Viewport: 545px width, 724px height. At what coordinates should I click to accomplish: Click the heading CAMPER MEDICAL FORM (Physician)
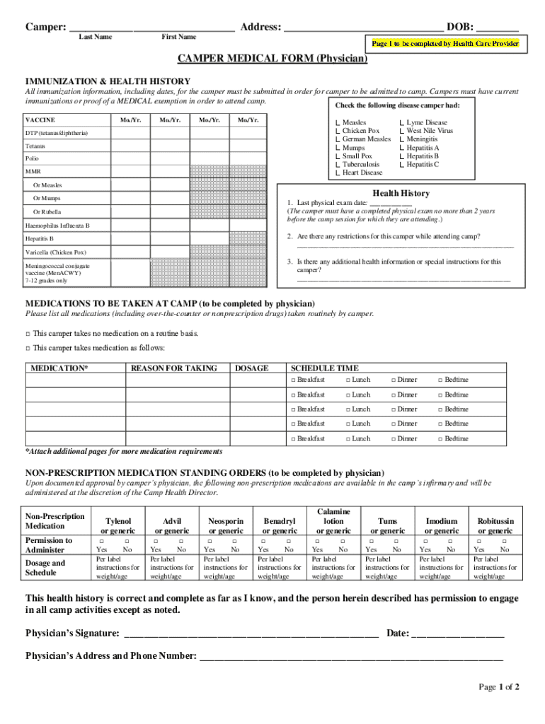272,59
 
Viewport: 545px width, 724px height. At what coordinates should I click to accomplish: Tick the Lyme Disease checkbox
401,123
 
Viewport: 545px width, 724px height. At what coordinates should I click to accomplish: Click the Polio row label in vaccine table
33,159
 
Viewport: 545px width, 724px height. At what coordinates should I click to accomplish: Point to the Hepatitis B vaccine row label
40,239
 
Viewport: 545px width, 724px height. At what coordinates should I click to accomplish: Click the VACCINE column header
40,119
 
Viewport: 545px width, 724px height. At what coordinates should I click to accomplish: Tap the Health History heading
401,193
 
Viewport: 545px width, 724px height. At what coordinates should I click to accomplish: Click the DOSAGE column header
251,368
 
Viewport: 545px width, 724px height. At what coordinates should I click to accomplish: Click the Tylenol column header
117,525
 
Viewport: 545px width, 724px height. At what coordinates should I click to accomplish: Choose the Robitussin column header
495,525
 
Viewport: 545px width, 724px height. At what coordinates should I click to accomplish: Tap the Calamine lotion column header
333,520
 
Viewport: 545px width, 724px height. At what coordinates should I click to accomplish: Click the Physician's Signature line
251,633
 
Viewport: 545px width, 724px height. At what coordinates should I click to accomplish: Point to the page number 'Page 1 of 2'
499,687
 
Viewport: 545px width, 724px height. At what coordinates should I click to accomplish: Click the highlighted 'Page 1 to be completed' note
445,44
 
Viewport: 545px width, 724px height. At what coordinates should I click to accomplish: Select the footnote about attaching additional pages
124,451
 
